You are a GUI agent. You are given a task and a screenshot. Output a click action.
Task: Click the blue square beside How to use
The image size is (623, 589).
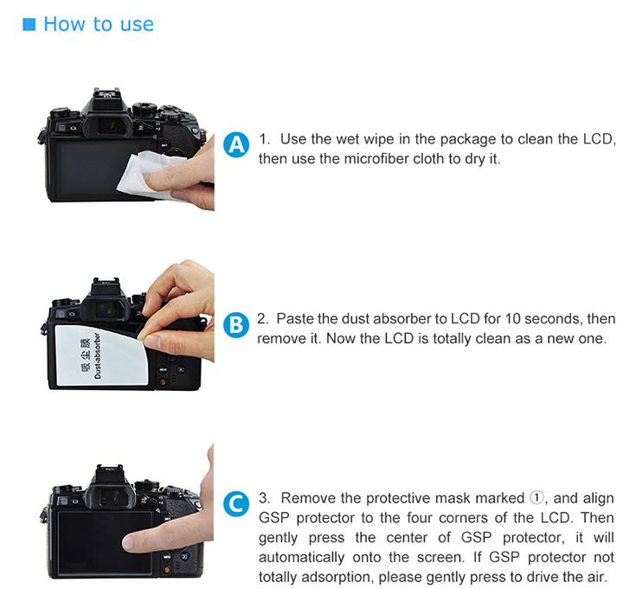point(29,24)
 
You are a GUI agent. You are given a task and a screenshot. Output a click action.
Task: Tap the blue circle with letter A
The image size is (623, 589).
point(236,144)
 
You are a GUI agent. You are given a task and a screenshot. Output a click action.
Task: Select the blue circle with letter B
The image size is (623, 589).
point(236,325)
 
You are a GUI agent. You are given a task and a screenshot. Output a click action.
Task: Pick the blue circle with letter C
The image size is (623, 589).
point(236,504)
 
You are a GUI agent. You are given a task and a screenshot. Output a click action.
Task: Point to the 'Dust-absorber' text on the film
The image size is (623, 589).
point(98,355)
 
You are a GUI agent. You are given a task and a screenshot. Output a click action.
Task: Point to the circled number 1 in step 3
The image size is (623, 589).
point(536,497)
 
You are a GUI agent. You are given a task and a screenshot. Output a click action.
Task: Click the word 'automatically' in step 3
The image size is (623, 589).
point(302,557)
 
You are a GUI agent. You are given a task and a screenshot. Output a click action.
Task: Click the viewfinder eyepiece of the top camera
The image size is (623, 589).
point(107,125)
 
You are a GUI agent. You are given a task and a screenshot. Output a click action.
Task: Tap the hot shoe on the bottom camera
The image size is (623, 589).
point(108,470)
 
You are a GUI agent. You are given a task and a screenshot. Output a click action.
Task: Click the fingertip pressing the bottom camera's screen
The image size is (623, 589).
point(131,543)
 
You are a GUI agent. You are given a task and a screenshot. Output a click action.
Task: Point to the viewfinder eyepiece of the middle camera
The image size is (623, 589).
point(106,309)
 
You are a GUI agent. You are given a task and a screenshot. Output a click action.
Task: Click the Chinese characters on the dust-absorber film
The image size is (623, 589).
point(86,355)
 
